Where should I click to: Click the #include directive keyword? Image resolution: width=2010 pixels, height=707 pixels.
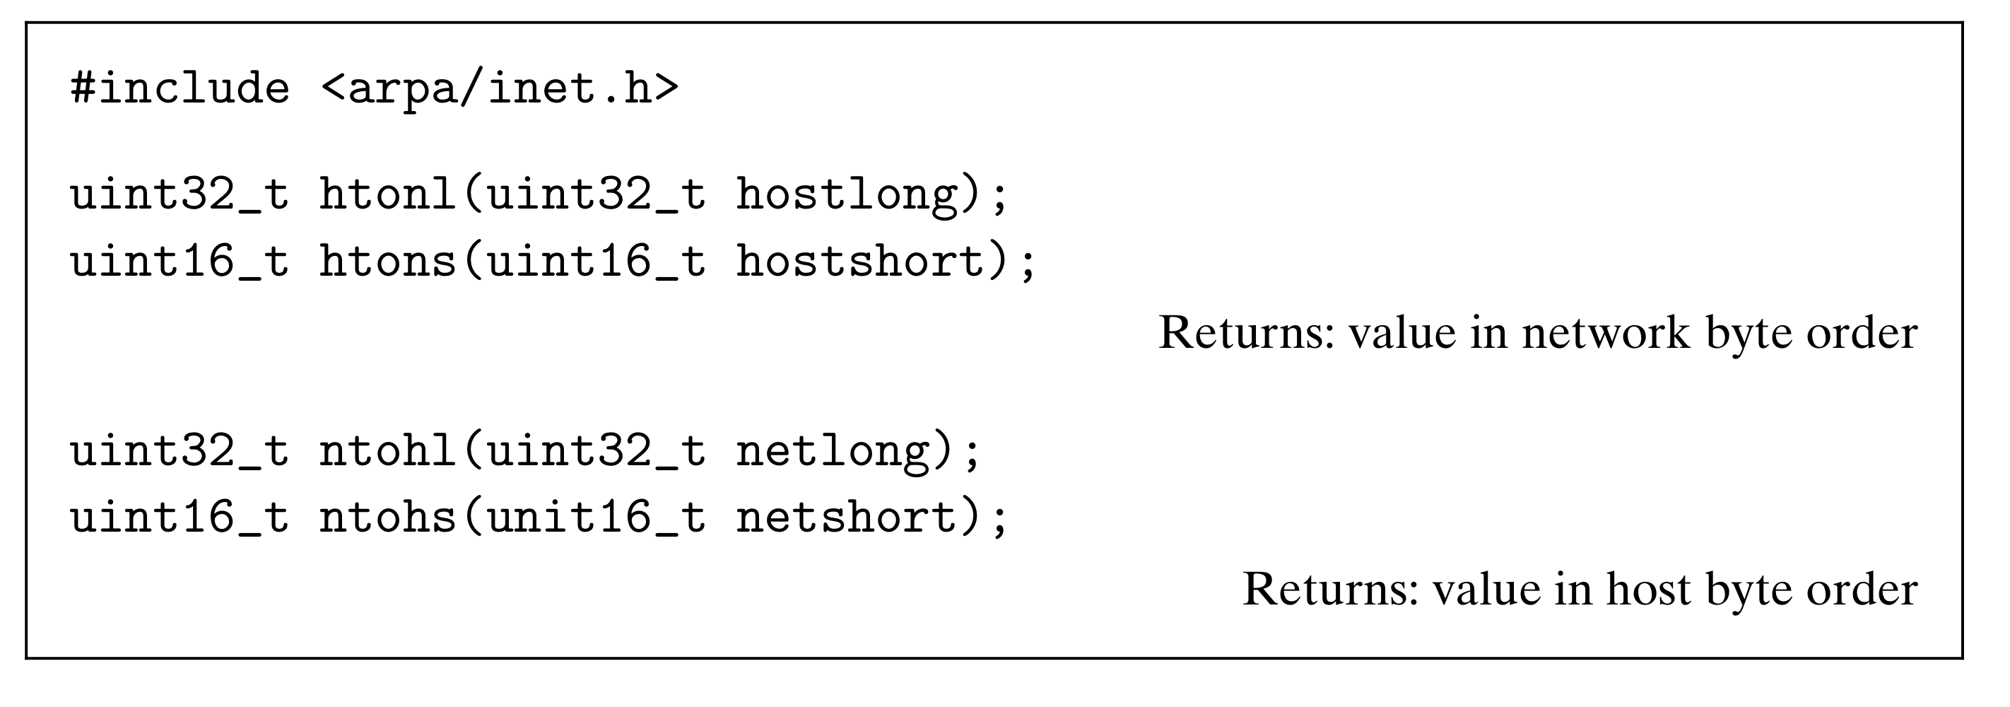click(180, 88)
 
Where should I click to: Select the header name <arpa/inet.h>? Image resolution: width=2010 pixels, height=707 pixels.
click(500, 88)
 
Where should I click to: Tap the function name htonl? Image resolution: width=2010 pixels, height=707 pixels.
click(387, 194)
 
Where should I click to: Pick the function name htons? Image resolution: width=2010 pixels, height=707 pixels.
click(387, 261)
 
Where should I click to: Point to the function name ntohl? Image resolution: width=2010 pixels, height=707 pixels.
click(387, 450)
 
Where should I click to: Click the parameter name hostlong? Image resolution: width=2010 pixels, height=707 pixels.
click(847, 194)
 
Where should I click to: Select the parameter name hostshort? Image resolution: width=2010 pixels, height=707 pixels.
click(861, 261)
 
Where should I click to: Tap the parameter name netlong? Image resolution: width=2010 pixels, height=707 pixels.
click(833, 450)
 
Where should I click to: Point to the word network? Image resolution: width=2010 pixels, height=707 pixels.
click(1606, 333)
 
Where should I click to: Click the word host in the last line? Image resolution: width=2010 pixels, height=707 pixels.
click(1647, 588)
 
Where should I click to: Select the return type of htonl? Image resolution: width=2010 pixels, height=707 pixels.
click(180, 194)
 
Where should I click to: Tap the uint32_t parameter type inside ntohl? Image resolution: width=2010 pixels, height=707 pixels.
click(597, 450)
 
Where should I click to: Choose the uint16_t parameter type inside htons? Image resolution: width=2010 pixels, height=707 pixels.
click(597, 261)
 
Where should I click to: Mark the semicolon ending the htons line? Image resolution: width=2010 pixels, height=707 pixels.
click(1028, 265)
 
